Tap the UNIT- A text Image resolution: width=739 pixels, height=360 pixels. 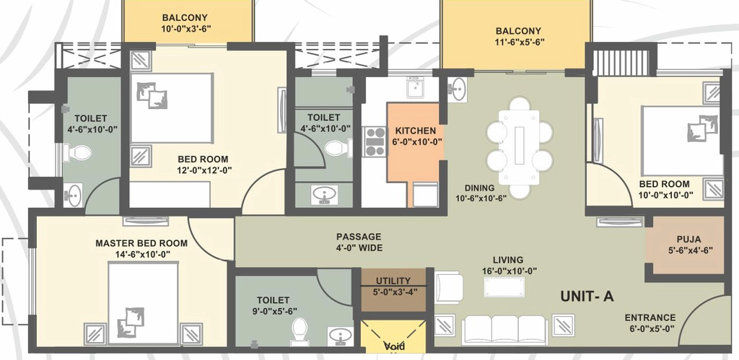coord(587,297)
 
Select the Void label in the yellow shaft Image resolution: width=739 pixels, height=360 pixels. coord(395,347)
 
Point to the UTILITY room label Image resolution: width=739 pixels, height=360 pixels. coord(393,281)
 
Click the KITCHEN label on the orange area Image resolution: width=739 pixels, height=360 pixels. coord(415,131)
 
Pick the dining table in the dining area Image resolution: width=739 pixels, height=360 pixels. coord(520,146)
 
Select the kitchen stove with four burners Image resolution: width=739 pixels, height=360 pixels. coord(375,141)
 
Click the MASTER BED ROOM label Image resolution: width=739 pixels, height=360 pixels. coord(141,244)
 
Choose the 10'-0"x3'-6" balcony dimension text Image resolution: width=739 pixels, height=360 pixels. coord(184,28)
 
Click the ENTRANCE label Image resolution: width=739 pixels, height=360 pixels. coord(650,317)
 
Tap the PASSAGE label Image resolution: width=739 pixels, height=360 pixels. coord(359,237)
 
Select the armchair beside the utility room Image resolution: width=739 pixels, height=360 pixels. coord(449,287)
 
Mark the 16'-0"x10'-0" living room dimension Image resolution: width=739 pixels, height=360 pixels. coord(508,271)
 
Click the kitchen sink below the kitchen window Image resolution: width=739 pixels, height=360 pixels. coord(415,87)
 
